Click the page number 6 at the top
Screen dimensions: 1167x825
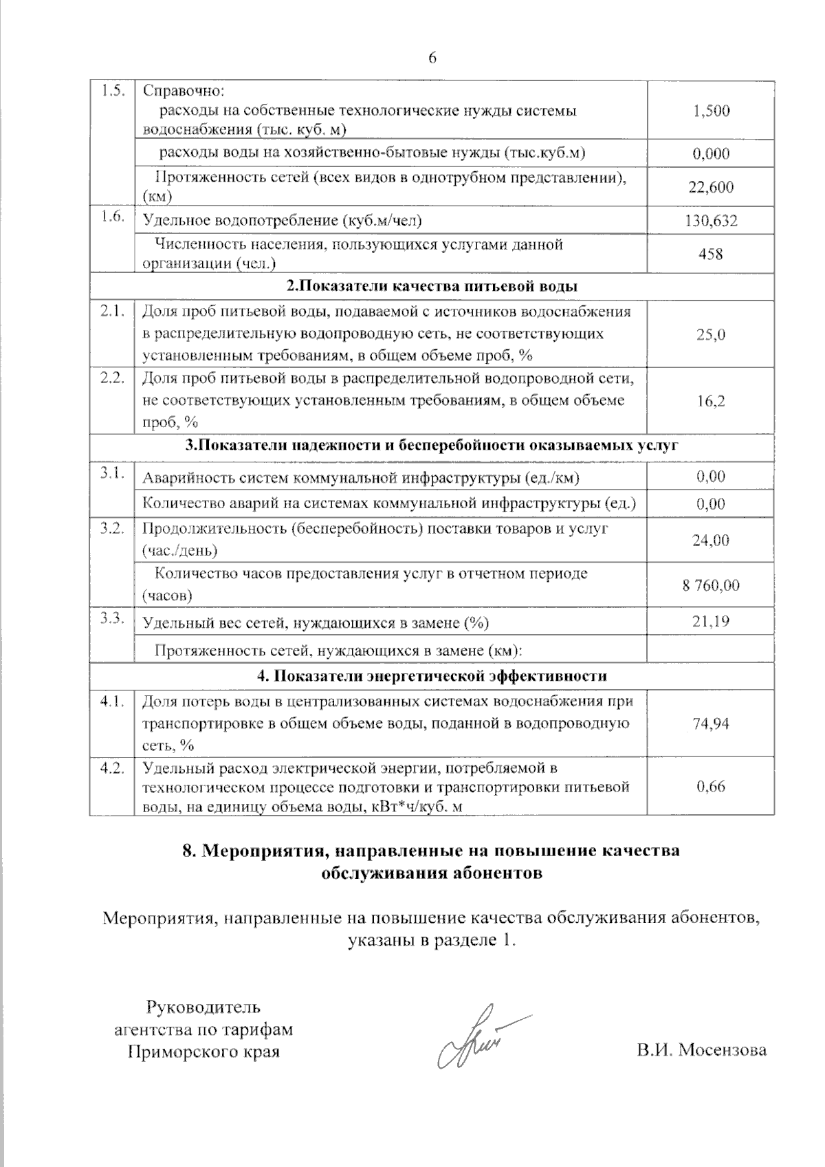coord(432,58)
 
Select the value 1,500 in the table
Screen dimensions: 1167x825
coord(712,111)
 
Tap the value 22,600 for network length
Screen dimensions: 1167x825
coord(712,187)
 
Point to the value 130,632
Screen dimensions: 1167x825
coord(711,221)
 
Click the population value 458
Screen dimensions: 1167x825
coord(711,254)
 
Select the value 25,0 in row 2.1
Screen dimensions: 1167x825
coord(711,334)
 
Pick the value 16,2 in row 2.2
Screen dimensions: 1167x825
coord(711,401)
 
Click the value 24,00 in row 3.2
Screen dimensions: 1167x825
coord(711,541)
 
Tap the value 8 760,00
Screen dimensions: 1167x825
coord(711,585)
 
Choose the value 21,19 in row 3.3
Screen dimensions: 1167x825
coord(711,622)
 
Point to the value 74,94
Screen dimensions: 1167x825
coord(711,723)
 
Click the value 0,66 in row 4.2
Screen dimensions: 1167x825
coord(711,787)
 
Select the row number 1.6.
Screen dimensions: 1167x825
coord(112,217)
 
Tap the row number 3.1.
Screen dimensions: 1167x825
coord(112,473)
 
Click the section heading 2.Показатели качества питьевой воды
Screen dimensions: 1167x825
coord(432,287)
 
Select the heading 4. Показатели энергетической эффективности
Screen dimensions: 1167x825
coord(432,676)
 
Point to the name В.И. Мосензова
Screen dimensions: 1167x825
coord(701,1050)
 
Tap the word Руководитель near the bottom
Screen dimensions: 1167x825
coord(203,1008)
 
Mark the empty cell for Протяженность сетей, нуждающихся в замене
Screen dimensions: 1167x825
coord(711,649)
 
